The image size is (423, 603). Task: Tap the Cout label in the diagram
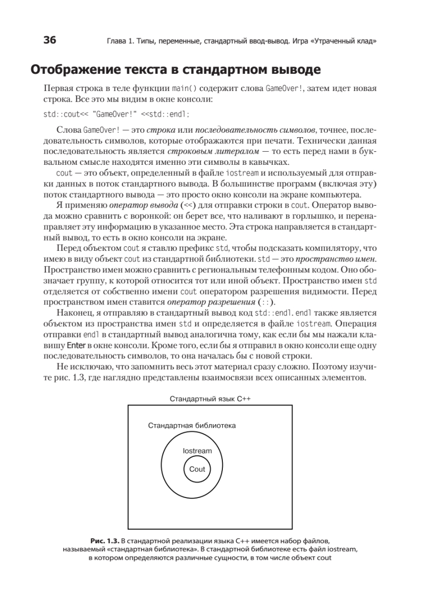pyautogui.click(x=197, y=469)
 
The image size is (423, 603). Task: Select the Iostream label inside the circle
pyautogui.click(x=197, y=451)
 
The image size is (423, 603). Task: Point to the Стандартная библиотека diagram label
pyautogui.click(x=192, y=425)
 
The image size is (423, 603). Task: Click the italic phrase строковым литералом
pyautogui.click(x=199, y=151)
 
